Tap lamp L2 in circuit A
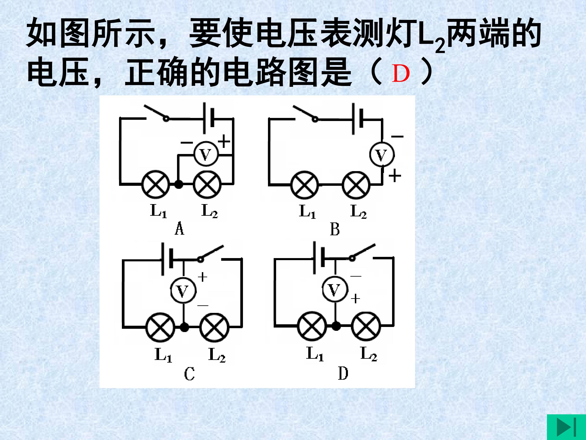coord(207,184)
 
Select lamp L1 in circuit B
coord(305,185)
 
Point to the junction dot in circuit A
coord(179,184)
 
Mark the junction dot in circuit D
coord(336,326)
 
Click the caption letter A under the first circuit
coord(179,229)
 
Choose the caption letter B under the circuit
coord(335,229)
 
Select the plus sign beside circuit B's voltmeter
coord(395,176)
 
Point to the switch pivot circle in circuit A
coord(166,119)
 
